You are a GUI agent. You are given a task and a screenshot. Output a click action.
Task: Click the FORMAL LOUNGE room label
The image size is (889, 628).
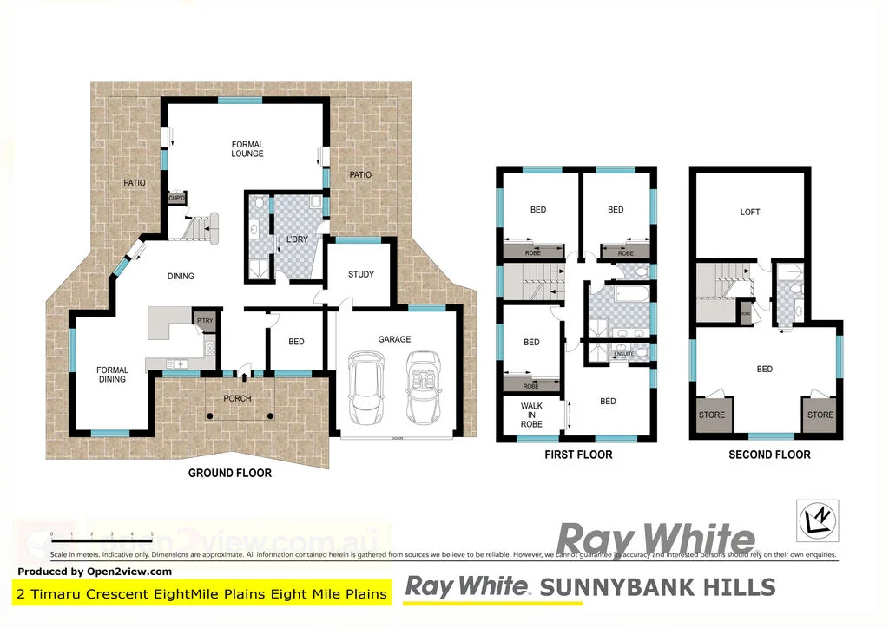(247, 149)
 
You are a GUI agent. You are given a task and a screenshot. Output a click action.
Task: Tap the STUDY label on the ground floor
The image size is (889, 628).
(361, 274)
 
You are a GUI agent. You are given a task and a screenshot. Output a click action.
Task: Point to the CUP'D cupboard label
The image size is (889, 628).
(176, 198)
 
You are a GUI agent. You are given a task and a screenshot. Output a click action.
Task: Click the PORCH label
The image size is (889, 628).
(237, 399)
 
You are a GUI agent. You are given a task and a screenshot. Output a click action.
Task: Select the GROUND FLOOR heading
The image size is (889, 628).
(230, 473)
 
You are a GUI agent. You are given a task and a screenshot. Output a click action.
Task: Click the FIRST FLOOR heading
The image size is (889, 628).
(578, 455)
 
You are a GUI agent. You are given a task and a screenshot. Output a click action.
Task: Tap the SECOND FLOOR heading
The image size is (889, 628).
(769, 455)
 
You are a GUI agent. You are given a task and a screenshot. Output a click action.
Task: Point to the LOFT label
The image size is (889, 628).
(750, 212)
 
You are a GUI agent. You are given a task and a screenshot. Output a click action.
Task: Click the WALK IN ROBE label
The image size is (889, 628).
(531, 415)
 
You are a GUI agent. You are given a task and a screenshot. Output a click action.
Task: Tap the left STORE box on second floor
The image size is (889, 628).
(712, 415)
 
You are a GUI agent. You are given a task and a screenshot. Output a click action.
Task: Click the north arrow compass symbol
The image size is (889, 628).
(817, 520)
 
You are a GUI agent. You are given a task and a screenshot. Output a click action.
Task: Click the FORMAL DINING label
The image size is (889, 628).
(112, 374)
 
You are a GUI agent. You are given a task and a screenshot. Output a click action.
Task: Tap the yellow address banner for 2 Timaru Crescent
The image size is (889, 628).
(202, 594)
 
